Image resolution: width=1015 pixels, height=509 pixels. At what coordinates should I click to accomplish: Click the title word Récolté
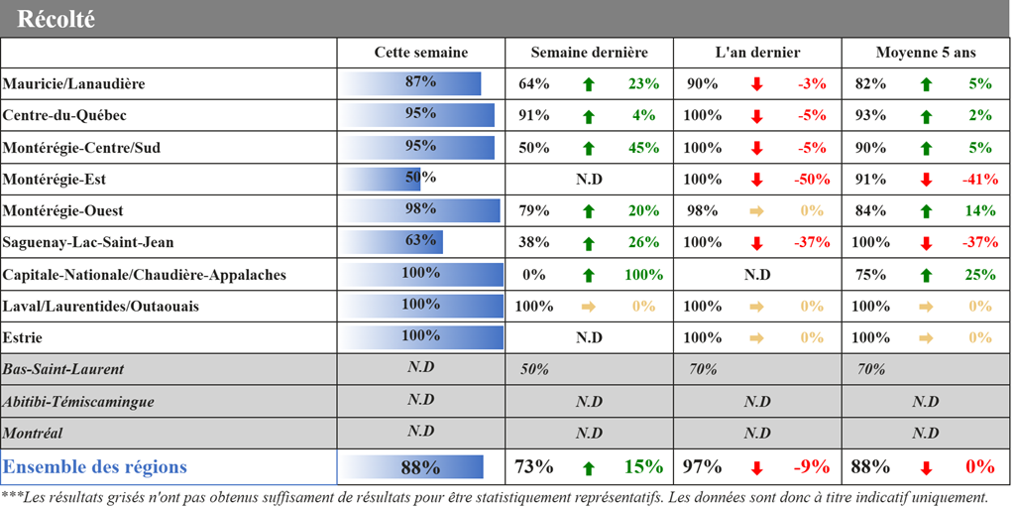click(x=56, y=19)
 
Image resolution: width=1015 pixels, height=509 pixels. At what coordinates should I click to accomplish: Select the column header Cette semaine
click(x=420, y=53)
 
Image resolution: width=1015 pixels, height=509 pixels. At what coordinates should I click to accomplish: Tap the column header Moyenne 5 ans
click(x=926, y=53)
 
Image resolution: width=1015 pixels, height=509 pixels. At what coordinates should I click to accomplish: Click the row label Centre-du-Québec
click(x=64, y=116)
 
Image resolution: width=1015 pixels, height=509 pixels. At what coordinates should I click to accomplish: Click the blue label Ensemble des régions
click(x=95, y=466)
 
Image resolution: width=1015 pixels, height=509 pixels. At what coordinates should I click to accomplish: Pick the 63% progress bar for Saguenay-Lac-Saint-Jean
click(x=393, y=242)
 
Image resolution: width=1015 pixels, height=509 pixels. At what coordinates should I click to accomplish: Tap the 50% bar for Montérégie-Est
click(x=382, y=179)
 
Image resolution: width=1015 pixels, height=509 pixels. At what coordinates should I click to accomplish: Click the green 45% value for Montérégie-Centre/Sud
click(x=642, y=148)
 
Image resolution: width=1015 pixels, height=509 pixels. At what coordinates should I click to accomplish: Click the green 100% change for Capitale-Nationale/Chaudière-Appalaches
click(x=643, y=275)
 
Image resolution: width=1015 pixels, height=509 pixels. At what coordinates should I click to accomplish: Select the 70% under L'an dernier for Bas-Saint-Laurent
click(x=703, y=369)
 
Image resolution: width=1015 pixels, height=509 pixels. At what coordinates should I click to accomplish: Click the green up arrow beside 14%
click(x=926, y=211)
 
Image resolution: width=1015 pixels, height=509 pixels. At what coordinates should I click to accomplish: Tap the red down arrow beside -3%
click(x=757, y=84)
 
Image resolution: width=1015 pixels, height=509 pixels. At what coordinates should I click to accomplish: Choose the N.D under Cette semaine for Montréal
click(x=420, y=432)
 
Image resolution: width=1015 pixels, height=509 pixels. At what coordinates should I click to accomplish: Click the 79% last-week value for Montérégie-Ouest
click(x=534, y=211)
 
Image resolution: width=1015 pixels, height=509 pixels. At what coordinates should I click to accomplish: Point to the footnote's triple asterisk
click(x=11, y=496)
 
